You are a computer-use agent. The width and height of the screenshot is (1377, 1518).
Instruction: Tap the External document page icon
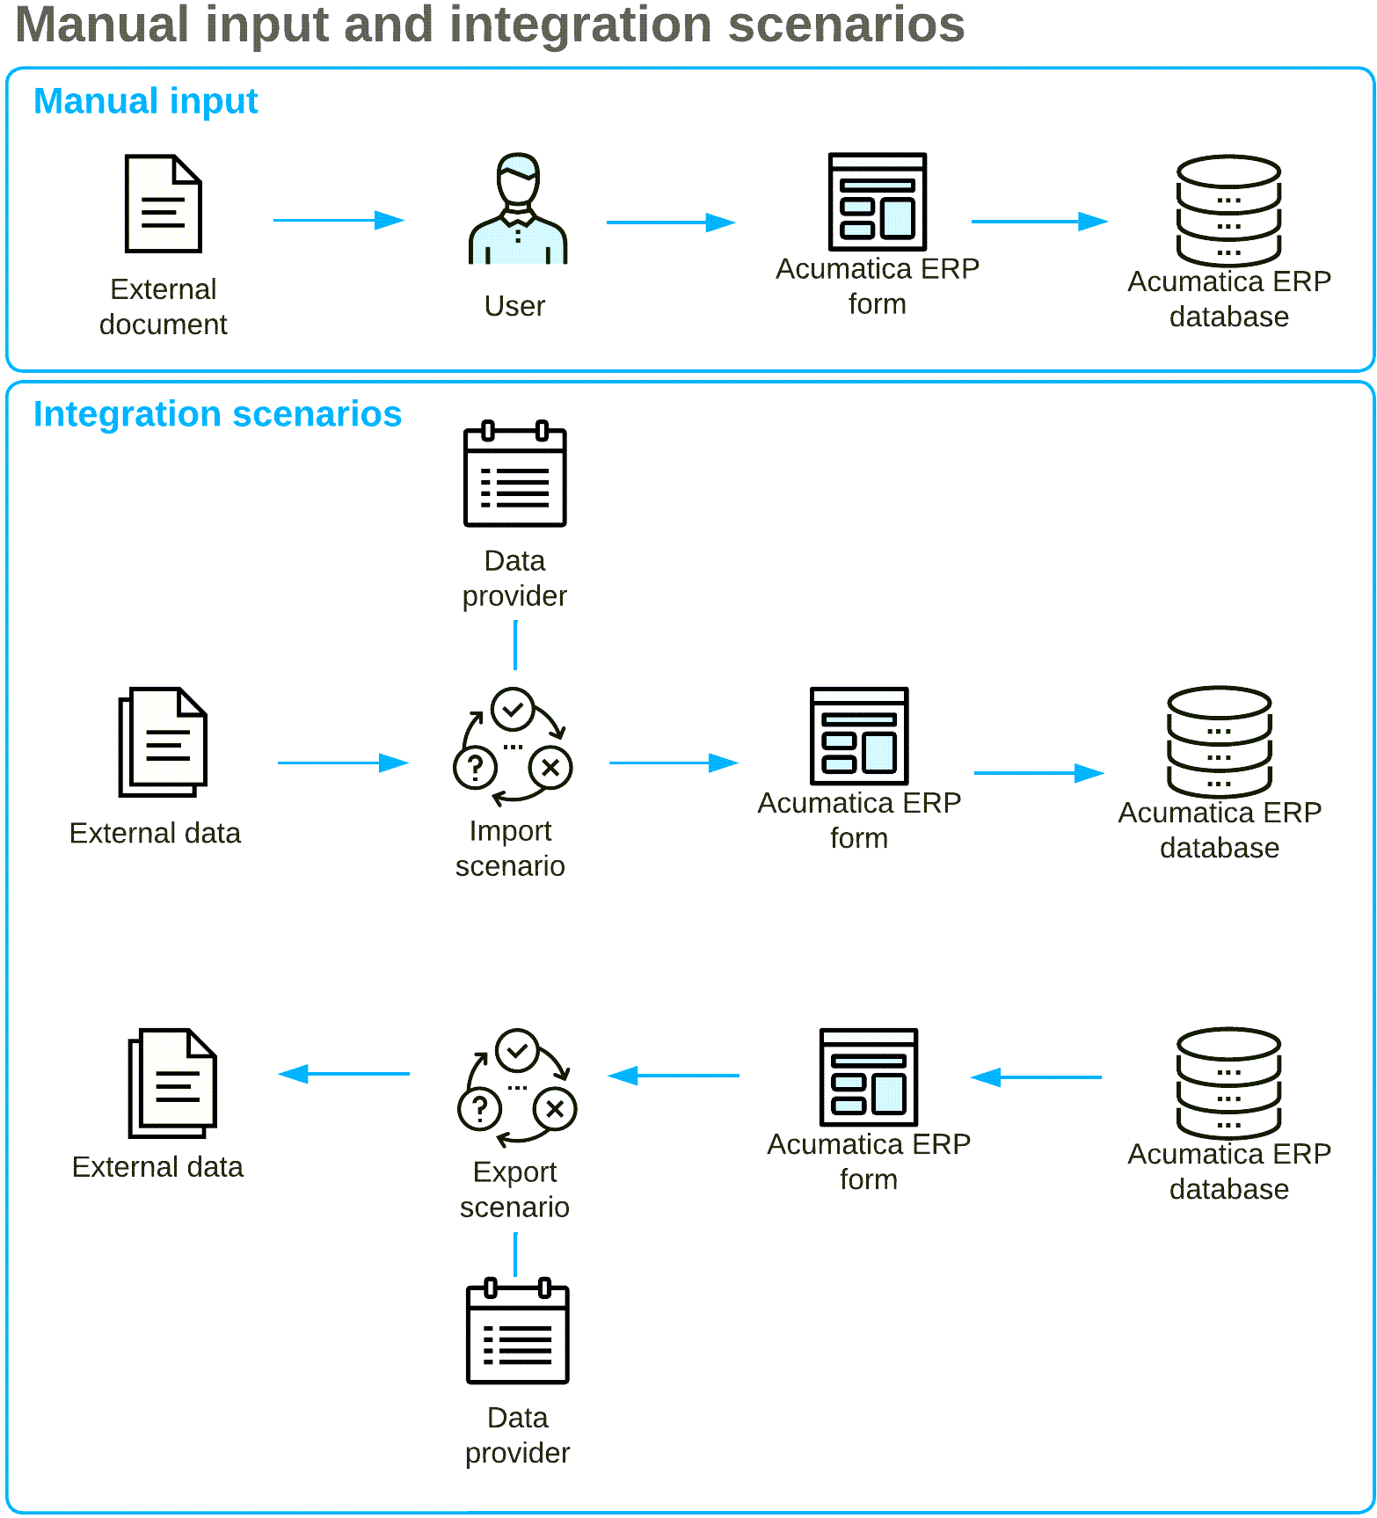pos(164,204)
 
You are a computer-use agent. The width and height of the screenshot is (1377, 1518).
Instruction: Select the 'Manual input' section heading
pos(145,101)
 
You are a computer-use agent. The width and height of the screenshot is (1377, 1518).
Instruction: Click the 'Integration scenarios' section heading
pos(217,414)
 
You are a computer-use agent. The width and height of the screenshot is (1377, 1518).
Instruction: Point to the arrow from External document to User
pos(338,220)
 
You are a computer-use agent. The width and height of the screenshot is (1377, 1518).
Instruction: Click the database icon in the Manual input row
pos(1228,211)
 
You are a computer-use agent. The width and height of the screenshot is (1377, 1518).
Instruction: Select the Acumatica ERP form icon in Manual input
pos(877,202)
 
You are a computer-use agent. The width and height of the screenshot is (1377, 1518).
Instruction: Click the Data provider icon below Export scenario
pos(517,1332)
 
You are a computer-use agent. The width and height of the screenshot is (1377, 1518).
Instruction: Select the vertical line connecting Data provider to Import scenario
pos(515,645)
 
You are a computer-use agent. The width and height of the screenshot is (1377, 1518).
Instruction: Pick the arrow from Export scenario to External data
pos(344,1074)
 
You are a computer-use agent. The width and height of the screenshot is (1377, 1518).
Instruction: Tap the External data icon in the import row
pos(163,742)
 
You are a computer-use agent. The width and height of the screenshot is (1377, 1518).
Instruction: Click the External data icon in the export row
pos(172,1083)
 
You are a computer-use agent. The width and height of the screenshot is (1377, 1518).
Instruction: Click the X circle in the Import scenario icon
pos(550,768)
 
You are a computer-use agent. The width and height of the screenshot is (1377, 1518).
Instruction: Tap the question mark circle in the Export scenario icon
pos(479,1109)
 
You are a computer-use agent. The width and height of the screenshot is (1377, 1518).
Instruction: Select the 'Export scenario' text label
pos(514,1189)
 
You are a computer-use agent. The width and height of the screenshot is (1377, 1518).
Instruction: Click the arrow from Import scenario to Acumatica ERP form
pos(673,763)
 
